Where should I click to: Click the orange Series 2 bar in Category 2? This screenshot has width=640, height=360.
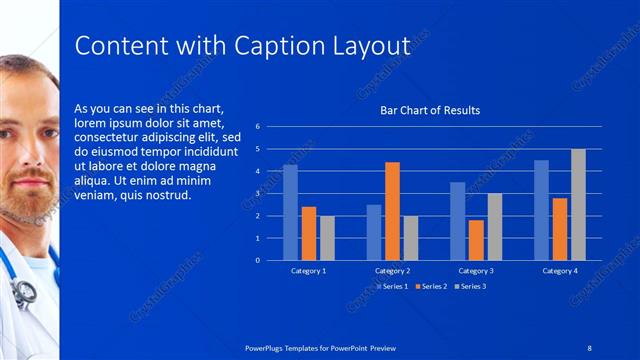click(392, 211)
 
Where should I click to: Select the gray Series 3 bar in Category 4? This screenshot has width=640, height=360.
click(578, 205)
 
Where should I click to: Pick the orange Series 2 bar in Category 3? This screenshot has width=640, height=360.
click(476, 240)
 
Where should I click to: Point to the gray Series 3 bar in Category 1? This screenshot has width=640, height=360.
click(327, 238)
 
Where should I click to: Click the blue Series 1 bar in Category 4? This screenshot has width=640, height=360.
click(541, 210)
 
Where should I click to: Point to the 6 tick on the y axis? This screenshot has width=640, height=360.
click(258, 127)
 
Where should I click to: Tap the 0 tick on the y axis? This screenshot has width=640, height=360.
click(258, 260)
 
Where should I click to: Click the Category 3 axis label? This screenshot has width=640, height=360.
click(476, 271)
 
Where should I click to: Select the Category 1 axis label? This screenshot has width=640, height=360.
click(308, 271)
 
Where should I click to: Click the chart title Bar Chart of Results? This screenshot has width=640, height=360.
click(430, 110)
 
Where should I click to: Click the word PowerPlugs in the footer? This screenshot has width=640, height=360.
click(270, 347)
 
